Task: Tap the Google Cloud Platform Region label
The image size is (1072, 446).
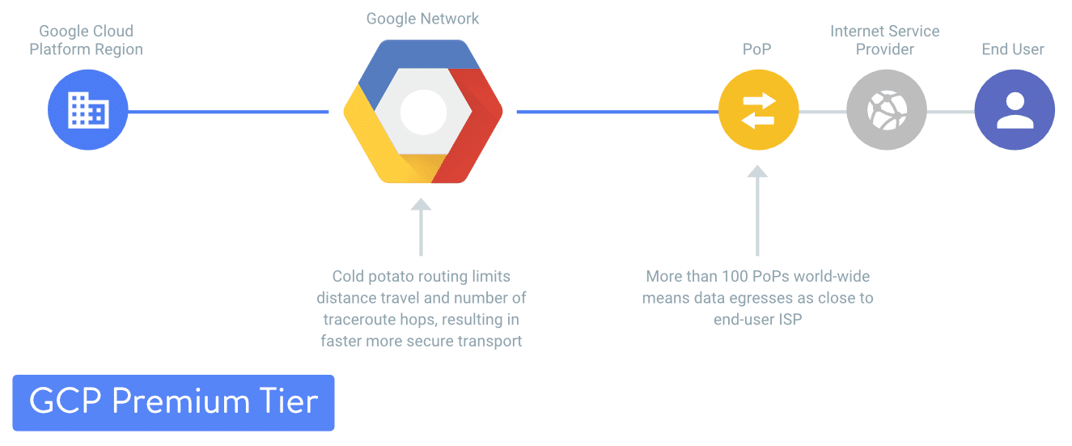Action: (x=86, y=40)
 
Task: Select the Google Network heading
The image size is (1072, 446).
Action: (x=422, y=19)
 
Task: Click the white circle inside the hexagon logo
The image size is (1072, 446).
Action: (x=423, y=111)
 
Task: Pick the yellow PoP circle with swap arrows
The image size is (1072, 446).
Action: (x=758, y=110)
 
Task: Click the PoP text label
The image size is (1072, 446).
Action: (x=756, y=49)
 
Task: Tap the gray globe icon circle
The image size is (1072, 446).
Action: (x=886, y=110)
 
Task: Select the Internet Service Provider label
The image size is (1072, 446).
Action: (x=884, y=40)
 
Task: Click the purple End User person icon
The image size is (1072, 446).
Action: (x=1015, y=110)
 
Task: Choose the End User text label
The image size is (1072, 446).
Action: (x=1012, y=49)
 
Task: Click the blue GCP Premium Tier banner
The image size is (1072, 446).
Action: (x=173, y=402)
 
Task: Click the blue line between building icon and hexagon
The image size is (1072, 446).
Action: (x=228, y=112)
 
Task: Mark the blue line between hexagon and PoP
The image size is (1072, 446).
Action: (x=617, y=112)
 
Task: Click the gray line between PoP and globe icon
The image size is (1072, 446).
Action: (x=822, y=112)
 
